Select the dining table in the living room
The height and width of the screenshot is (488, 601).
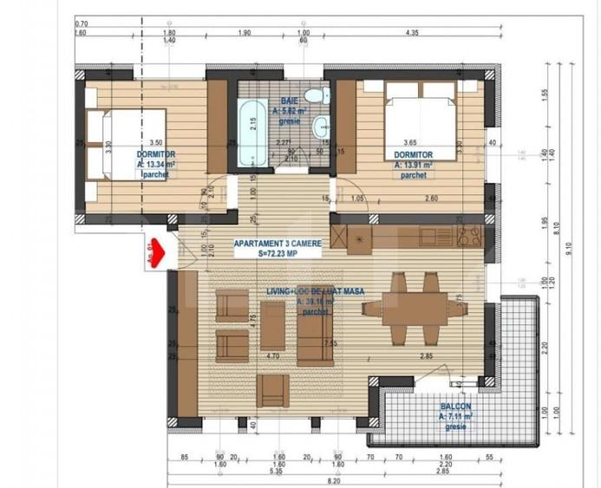tap(406, 309)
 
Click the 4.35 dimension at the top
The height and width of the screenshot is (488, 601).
tap(413, 33)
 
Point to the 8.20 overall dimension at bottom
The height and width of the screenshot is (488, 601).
tap(333, 481)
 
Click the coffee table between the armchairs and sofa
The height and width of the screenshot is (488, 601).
tap(272, 326)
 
